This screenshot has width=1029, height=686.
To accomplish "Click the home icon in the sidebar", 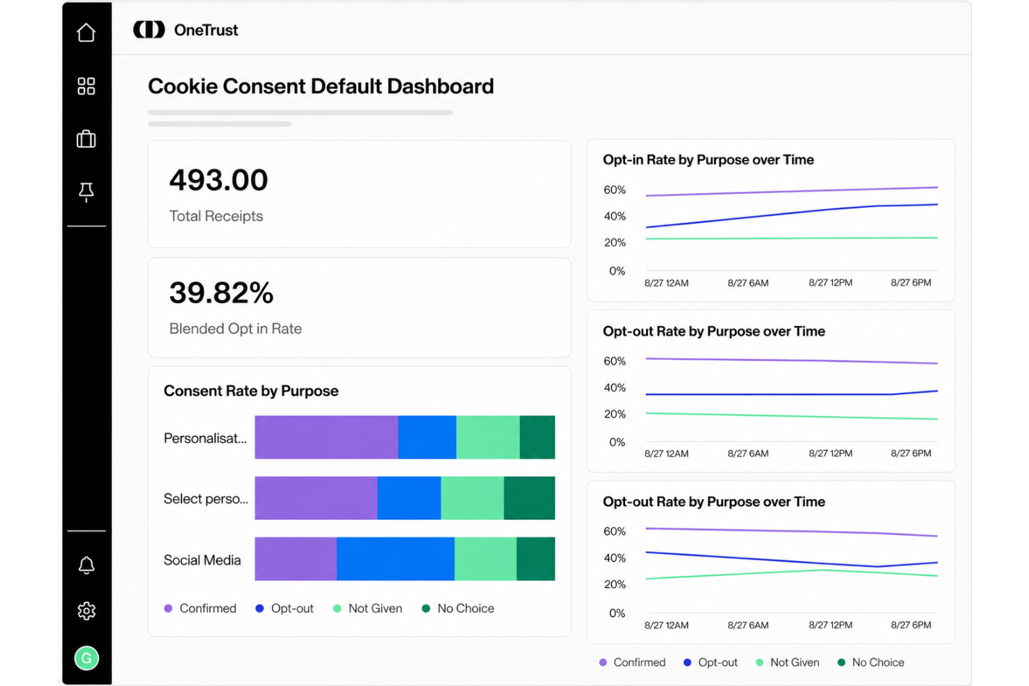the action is [x=86, y=33].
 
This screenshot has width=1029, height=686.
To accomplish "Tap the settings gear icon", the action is [x=86, y=611].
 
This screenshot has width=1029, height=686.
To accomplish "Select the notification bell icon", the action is [x=86, y=565].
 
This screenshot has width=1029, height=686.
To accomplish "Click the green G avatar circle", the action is [x=86, y=658].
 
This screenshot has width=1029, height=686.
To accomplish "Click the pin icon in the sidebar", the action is [x=86, y=193].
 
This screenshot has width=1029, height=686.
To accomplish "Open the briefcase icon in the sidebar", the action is [x=86, y=139].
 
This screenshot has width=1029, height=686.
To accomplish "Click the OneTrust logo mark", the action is [x=149, y=30].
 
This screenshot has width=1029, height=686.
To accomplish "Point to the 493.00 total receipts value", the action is [x=218, y=179].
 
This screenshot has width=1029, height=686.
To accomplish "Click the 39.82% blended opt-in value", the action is [x=221, y=293].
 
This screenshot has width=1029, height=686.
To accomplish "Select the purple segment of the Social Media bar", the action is [x=296, y=559].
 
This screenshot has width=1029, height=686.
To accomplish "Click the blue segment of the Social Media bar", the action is [x=396, y=559].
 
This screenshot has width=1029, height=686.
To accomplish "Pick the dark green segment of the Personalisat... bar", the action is [x=537, y=437].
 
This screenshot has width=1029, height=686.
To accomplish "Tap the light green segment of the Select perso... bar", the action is [x=472, y=498].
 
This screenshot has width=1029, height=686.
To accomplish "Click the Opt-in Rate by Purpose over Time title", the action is [x=708, y=160].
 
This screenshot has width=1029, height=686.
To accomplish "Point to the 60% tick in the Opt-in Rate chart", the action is [x=615, y=190].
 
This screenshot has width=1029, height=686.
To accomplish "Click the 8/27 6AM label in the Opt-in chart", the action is [x=748, y=283].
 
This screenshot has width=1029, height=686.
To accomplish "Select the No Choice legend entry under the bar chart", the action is [x=458, y=608].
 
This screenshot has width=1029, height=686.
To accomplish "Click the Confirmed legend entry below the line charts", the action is [x=632, y=662].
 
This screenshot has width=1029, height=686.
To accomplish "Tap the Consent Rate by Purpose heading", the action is [x=251, y=391].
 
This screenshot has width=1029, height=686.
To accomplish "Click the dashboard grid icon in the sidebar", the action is [x=86, y=86].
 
